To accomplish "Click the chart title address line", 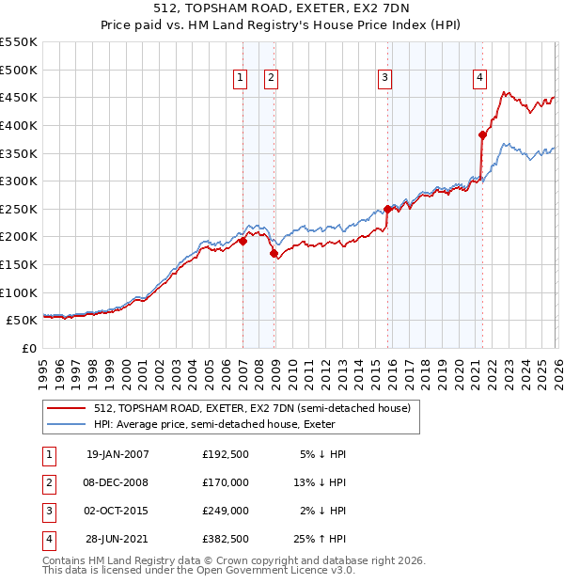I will click(x=282, y=8).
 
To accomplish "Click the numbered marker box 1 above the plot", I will click(x=241, y=78).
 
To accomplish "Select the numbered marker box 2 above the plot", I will click(x=271, y=78).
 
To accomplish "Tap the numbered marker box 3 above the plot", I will click(x=385, y=78).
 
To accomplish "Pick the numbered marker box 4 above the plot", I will click(x=479, y=78).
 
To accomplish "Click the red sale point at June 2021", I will click(x=482, y=134).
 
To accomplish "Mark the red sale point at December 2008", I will click(x=274, y=253).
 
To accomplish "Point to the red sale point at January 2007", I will click(x=243, y=241).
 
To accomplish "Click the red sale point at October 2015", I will click(x=387, y=209).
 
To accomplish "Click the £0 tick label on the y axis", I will click(x=28, y=348).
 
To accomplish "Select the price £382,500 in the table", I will click(x=226, y=539).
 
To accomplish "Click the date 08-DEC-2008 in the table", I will click(x=117, y=482).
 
